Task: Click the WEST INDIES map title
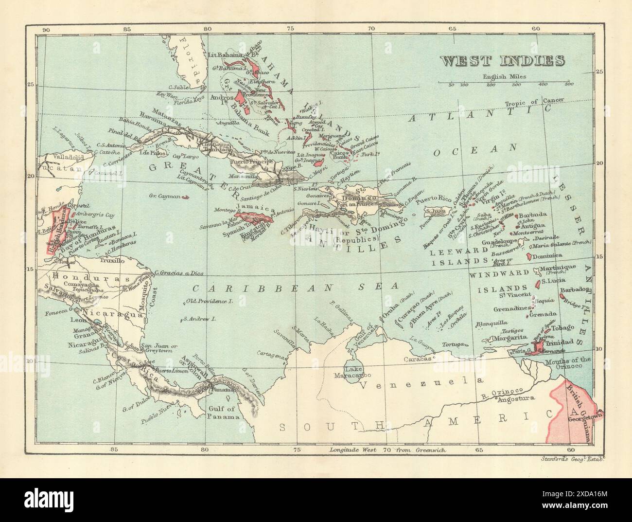(503, 62)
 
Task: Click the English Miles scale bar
(506, 83)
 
